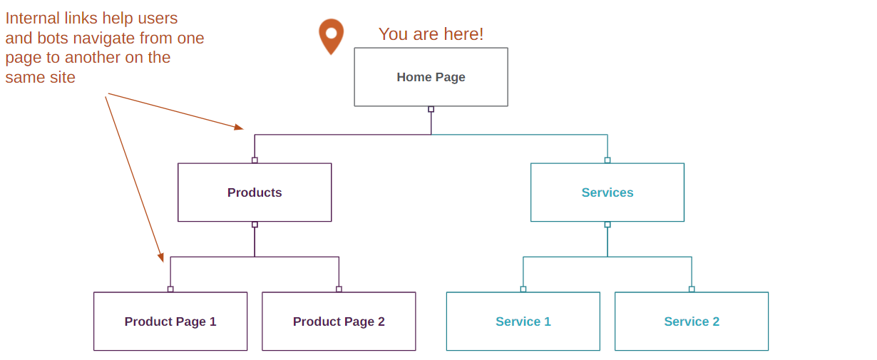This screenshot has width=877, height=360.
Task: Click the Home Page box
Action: [431, 77]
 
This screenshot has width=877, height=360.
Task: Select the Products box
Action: [255, 192]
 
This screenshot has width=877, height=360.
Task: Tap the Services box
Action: [607, 192]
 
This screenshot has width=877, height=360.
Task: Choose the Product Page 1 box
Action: [170, 322]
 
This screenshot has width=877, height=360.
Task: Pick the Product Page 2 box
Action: [339, 322]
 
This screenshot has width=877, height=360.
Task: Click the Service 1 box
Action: [523, 322]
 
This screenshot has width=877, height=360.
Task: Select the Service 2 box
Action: [692, 322]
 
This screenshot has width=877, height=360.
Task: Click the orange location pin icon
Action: [331, 35]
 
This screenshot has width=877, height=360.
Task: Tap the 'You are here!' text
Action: [431, 34]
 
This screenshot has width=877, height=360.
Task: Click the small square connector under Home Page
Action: [431, 109]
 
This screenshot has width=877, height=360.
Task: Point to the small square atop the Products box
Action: [255, 160]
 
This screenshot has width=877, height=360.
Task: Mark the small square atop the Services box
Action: [607, 160]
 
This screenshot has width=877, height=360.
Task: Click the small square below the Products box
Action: [255, 225]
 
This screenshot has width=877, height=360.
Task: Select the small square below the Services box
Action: [607, 225]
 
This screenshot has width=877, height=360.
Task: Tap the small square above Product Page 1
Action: [170, 289]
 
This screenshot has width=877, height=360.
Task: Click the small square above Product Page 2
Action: [339, 289]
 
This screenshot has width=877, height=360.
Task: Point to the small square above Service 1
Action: [523, 289]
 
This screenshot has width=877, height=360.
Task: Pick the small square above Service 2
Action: [692, 289]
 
